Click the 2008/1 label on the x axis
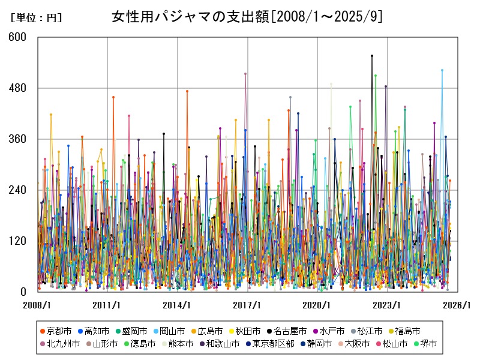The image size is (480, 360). [37, 305]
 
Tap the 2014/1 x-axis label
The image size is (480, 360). [177, 305]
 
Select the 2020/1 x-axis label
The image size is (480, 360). [317, 305]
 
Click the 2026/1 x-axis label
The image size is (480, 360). [457, 305]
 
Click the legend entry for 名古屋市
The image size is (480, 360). [290, 331]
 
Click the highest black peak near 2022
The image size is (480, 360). [372, 56]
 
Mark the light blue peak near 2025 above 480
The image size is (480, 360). [442, 70]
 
